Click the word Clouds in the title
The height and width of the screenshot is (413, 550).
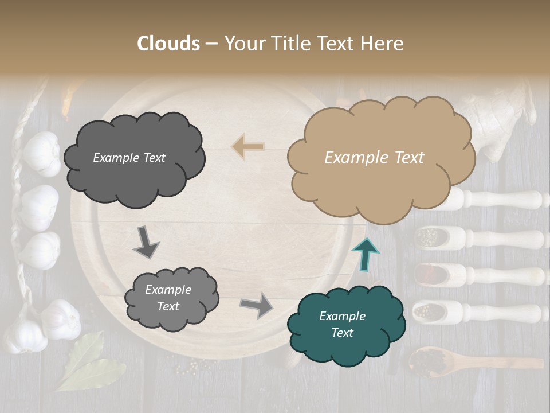pyautogui.click(x=168, y=44)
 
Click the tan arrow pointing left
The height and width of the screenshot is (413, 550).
pyautogui.click(x=247, y=147)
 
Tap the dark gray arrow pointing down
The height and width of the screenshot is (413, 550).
pyautogui.click(x=146, y=242)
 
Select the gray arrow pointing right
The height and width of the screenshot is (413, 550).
pyautogui.click(x=256, y=305)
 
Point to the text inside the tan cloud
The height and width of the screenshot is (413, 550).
pyautogui.click(x=374, y=158)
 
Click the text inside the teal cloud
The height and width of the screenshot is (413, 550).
pyautogui.click(x=342, y=324)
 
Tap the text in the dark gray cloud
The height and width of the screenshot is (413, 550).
pyautogui.click(x=129, y=158)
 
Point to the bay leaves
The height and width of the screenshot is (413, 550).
pyautogui.click(x=86, y=361)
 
